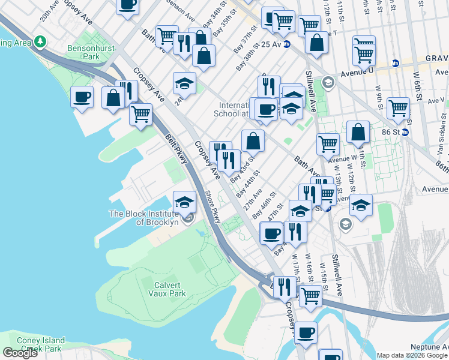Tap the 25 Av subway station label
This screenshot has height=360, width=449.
click(x=270, y=44)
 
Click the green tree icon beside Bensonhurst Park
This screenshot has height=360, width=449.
click(x=40, y=42)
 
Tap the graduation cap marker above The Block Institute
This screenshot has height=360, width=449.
click(x=185, y=202)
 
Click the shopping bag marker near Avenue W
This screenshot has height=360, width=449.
click(x=358, y=133)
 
